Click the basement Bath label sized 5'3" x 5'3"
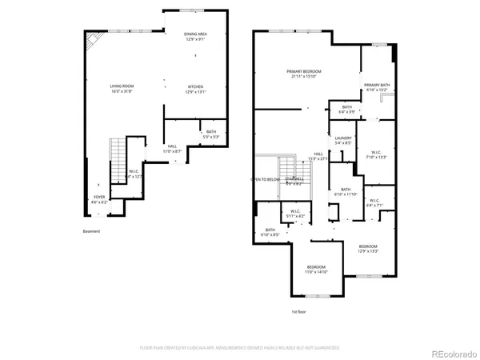click(x=211, y=134)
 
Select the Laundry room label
click(x=343, y=141)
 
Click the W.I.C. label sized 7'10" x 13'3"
click(x=376, y=154)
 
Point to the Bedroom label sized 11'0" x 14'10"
click(x=317, y=269)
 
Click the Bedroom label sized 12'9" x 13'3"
click(x=367, y=248)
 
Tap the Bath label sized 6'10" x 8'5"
click(x=270, y=233)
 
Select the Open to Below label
click(x=267, y=179)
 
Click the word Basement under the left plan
click(x=92, y=232)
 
